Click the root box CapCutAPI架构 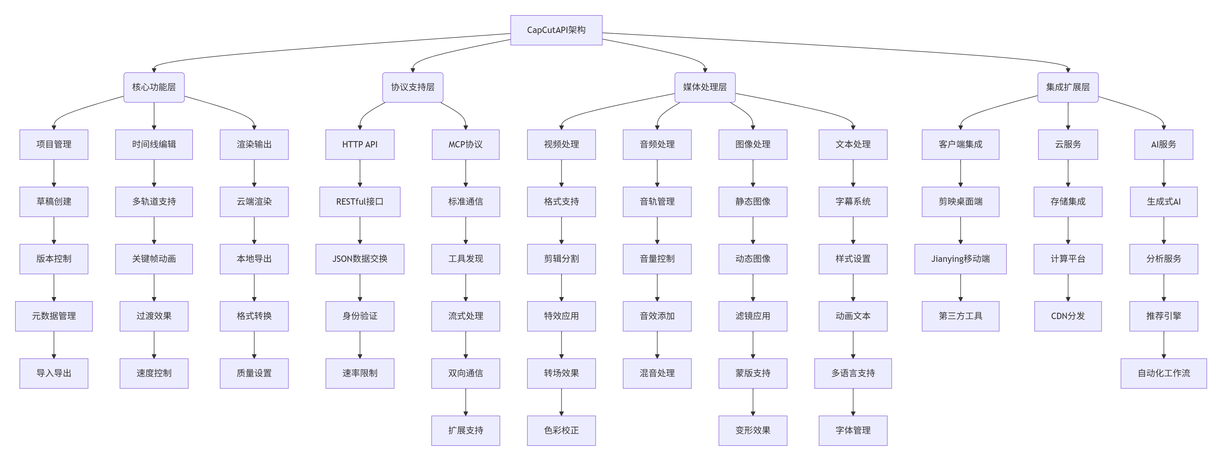click(x=556, y=30)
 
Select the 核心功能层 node click(x=154, y=87)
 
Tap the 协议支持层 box click(x=413, y=87)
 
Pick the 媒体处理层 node click(x=705, y=87)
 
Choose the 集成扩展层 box click(x=1068, y=87)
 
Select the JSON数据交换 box click(x=360, y=259)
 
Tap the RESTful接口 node click(x=360, y=202)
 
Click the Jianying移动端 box click(x=960, y=259)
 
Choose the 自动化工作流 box click(x=1164, y=373)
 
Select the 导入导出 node click(x=54, y=373)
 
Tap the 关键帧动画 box click(x=154, y=259)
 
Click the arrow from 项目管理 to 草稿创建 click(x=54, y=173)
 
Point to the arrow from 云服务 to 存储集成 click(x=1068, y=173)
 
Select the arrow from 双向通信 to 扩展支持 click(x=465, y=402)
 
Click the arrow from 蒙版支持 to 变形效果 click(x=753, y=402)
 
